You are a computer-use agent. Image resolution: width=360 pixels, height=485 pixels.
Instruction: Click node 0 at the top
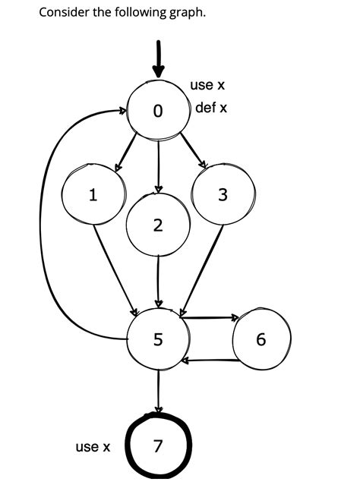[x=158, y=111]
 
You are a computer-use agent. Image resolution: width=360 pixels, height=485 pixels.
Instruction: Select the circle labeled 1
[x=93, y=196]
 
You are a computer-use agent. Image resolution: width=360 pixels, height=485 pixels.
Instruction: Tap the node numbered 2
[x=157, y=225]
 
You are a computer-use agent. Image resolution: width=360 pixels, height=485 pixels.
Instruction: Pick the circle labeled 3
[x=222, y=195]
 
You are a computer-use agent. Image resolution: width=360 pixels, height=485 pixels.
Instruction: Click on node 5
[x=157, y=339]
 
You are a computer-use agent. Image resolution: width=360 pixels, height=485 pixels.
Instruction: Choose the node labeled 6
[x=261, y=339]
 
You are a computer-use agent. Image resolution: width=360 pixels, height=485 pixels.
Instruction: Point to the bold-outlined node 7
[x=157, y=446]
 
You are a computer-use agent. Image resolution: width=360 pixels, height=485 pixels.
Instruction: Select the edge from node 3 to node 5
[x=201, y=270]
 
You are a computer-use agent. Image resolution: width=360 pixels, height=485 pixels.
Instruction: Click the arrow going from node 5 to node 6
[x=210, y=318]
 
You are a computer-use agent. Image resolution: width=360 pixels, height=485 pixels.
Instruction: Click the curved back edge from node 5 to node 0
[x=44, y=228]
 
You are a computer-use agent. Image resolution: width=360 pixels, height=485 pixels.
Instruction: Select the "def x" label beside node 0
[x=211, y=108]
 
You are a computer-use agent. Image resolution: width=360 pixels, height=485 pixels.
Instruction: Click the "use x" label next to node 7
[x=93, y=446]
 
